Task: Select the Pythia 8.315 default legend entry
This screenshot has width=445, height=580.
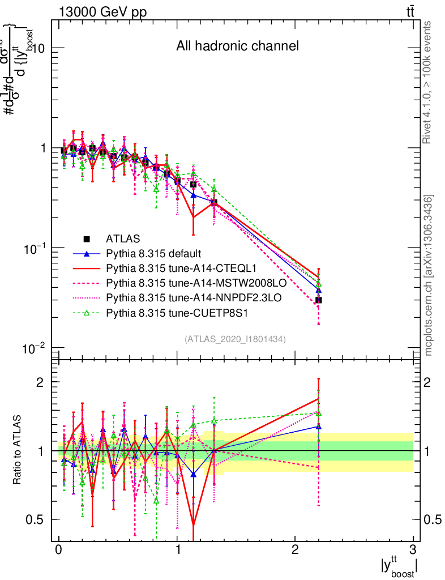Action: [153, 253]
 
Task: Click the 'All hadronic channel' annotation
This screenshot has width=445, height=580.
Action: [237, 46]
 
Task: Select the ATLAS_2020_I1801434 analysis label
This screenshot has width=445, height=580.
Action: [235, 339]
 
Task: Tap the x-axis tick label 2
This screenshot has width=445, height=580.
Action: [295, 550]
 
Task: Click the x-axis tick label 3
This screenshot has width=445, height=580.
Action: [413, 550]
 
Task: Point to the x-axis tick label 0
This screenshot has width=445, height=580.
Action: [59, 550]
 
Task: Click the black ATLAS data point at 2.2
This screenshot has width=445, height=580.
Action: [319, 300]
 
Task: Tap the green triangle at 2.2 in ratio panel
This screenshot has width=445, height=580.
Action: [319, 413]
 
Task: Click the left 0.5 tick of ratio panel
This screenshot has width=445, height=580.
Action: [40, 519]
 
